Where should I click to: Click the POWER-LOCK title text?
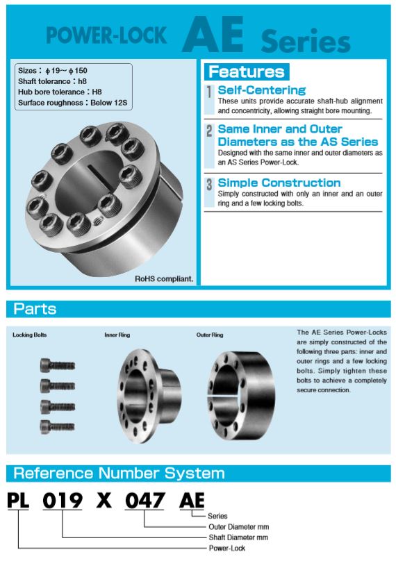pyautogui.click(x=106, y=35)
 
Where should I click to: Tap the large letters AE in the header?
pyautogui.click(x=213, y=35)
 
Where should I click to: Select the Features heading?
pyautogui.click(x=247, y=72)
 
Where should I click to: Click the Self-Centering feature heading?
pyautogui.click(x=262, y=90)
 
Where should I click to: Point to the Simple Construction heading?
pyautogui.click(x=279, y=183)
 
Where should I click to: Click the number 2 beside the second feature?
pyautogui.click(x=209, y=131)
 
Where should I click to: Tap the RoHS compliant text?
pyautogui.click(x=164, y=278)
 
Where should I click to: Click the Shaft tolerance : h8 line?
pyautogui.click(x=52, y=81)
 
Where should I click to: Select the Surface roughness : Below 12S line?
pyautogui.click(x=72, y=103)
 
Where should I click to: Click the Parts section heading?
pyautogui.click(x=35, y=309)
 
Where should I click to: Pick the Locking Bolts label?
pyautogui.click(x=29, y=335)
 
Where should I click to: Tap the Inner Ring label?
pyautogui.click(x=117, y=335)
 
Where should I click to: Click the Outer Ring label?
pyautogui.click(x=210, y=335)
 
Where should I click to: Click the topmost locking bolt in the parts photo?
pyautogui.click(x=57, y=365)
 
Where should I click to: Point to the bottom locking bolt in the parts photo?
pyautogui.click(x=57, y=427)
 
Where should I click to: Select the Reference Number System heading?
pyautogui.click(x=119, y=474)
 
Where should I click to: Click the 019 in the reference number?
pyautogui.click(x=62, y=500)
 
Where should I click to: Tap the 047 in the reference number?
pyautogui.click(x=145, y=500)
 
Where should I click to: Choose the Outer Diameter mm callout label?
pyautogui.click(x=239, y=526)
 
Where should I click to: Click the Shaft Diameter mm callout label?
pyautogui.click(x=238, y=537)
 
